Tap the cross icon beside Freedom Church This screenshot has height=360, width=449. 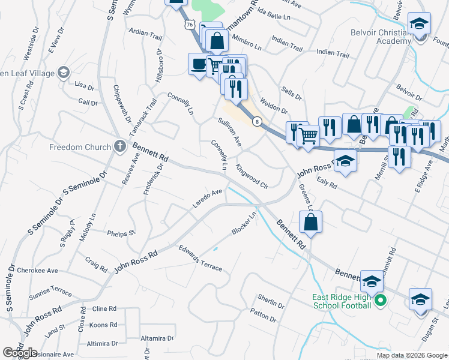(119, 146)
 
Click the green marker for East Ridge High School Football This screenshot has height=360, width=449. (379, 301)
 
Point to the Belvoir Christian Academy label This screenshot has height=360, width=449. (384, 37)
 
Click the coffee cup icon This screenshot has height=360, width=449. (197, 64)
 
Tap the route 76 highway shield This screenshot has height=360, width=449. (190, 24)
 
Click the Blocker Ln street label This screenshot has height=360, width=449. (244, 223)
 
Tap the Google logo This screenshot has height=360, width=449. (19, 353)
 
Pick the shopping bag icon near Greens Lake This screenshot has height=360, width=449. (311, 221)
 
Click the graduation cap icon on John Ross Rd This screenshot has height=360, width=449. (345, 161)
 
